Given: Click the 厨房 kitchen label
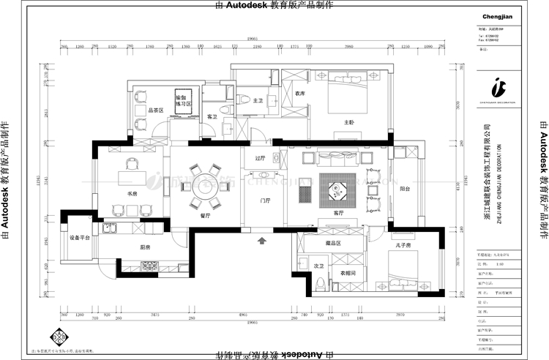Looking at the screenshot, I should [146, 247].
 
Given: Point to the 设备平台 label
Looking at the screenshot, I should [80, 238].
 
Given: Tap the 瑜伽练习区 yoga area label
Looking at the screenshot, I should [183, 100].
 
